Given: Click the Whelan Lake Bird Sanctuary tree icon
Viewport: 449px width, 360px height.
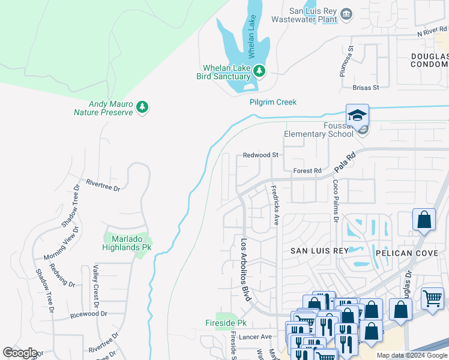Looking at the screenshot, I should [259, 71].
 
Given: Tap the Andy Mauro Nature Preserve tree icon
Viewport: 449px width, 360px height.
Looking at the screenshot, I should [142, 107].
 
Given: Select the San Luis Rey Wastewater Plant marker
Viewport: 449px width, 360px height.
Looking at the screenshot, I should [346, 14].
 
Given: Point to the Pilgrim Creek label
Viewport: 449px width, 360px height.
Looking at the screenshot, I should [273, 102].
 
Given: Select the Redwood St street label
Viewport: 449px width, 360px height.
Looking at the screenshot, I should [261, 155].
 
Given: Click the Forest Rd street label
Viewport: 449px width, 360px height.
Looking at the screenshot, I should [307, 171].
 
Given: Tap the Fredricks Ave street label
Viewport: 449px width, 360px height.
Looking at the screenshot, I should [275, 205].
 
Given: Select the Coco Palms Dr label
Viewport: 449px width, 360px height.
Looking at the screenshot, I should [336, 200].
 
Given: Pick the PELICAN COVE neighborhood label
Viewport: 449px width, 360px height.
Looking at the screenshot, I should [403, 253].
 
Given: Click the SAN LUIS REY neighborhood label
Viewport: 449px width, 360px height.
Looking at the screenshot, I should [319, 250].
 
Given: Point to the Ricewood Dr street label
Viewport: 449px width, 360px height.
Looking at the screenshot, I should [88, 314].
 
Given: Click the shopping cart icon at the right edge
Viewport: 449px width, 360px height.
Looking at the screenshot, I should [432, 299].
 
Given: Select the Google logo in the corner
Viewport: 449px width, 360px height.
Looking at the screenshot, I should [20, 352].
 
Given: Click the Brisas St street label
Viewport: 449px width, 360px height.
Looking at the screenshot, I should [366, 88].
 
